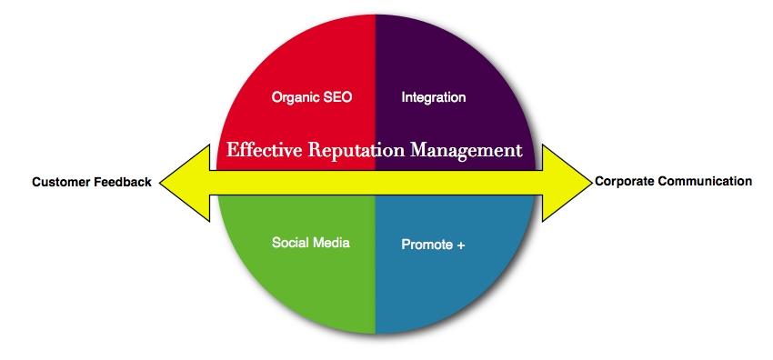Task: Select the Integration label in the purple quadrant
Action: pyautogui.click(x=433, y=97)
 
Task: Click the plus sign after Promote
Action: pyautogui.click(x=462, y=245)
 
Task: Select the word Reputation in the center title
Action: pyautogui.click(x=353, y=150)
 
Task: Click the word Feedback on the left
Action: pyautogui.click(x=122, y=182)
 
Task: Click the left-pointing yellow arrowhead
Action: pyautogui.click(x=186, y=183)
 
